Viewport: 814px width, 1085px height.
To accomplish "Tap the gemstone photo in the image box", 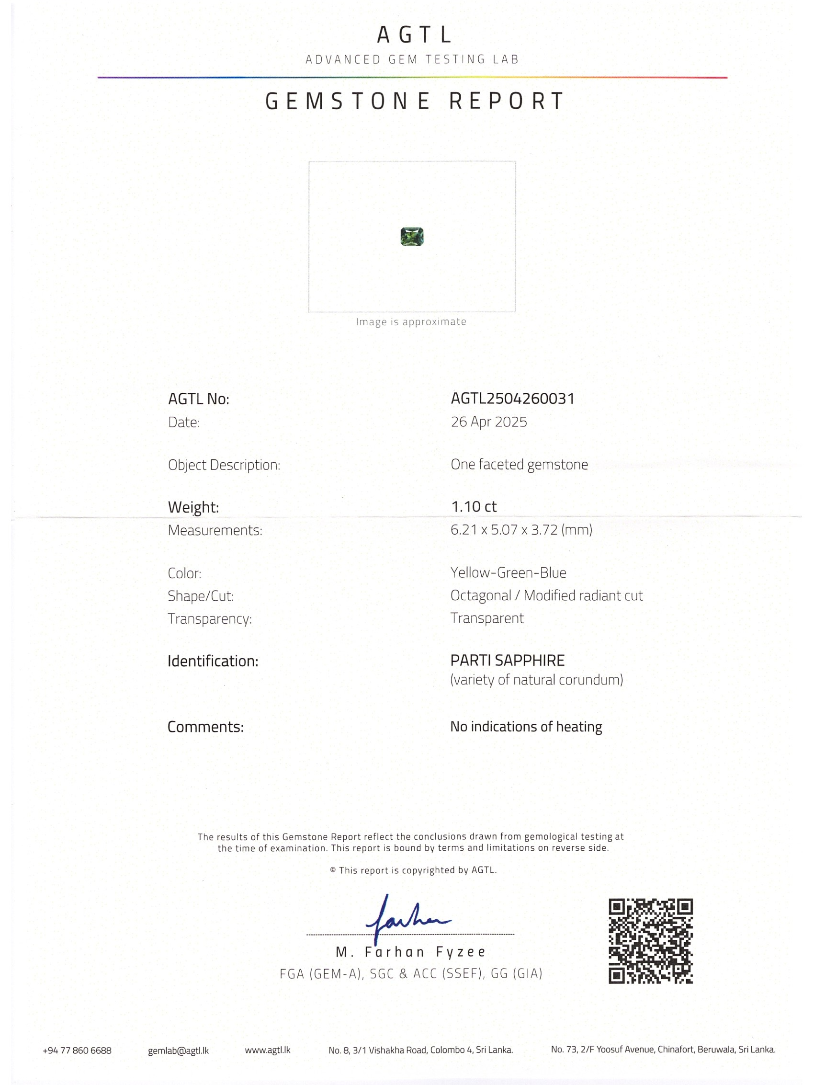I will point(412,237).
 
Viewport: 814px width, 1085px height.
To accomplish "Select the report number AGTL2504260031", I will point(512,398).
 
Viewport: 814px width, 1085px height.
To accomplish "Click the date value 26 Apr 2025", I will point(489,422).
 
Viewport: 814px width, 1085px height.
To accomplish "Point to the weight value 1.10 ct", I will point(474,507).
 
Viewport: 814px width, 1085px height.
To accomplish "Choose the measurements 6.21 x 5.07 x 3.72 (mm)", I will point(521,530).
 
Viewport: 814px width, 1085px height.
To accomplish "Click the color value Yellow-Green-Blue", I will point(508,572).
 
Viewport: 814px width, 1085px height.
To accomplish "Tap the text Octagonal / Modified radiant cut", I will point(546,595).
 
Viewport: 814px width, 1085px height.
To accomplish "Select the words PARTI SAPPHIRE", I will point(507,660).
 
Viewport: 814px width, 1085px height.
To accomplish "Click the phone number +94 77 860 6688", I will point(77,1050).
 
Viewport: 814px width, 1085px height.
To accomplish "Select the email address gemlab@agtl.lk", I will point(178,1051).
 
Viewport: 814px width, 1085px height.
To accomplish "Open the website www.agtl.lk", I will point(267,1050).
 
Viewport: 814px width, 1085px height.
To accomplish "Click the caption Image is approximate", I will point(411,322).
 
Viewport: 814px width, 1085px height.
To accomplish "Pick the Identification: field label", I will point(213,661).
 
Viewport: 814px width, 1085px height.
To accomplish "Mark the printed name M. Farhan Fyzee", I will point(410,952).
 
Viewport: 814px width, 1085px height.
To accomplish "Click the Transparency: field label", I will point(209,618).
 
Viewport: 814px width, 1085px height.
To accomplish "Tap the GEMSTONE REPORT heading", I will point(414,101).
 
